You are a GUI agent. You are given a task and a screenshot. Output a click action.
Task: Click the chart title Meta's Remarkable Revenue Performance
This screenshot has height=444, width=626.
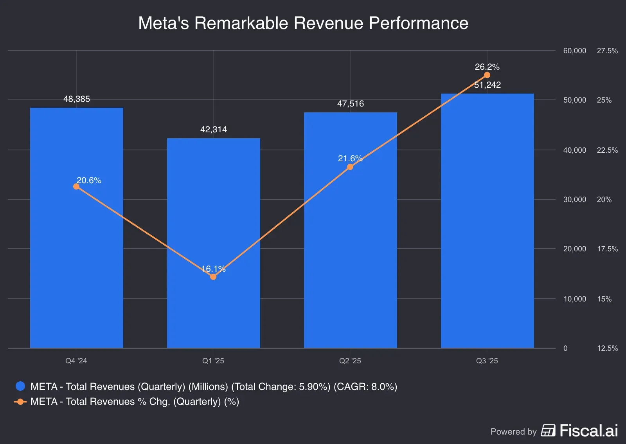pyautogui.click(x=303, y=23)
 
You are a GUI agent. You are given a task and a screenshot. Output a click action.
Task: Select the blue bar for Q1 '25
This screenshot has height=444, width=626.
pyautogui.click(x=213, y=243)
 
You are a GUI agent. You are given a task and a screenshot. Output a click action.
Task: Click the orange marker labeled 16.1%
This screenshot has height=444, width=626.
pyautogui.click(x=213, y=277)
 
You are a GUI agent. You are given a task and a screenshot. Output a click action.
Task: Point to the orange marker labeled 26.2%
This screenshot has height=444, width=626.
pyautogui.click(x=487, y=75)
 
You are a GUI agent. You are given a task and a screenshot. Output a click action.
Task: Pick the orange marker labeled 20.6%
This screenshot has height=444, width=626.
pyautogui.click(x=76, y=186)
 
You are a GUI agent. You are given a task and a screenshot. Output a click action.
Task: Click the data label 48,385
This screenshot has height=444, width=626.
pyautogui.click(x=77, y=99)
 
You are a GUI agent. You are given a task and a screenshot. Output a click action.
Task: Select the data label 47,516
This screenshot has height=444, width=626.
pyautogui.click(x=351, y=104)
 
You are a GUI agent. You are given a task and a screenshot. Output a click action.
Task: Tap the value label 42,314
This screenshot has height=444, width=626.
pyautogui.click(x=214, y=130)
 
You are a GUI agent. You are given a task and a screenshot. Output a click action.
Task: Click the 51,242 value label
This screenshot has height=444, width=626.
pyautogui.click(x=487, y=85)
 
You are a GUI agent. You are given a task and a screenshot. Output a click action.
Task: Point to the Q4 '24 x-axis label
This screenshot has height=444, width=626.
pyautogui.click(x=76, y=361)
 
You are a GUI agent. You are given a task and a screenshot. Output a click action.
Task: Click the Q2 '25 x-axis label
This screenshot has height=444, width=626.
pyautogui.click(x=350, y=361)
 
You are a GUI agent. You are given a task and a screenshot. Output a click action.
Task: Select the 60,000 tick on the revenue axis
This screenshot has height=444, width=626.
pyautogui.click(x=574, y=51)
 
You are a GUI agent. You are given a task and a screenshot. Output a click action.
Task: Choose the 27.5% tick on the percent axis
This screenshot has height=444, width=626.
pyautogui.click(x=607, y=51)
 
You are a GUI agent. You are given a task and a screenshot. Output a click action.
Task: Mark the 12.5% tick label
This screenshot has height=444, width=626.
pyautogui.click(x=607, y=348)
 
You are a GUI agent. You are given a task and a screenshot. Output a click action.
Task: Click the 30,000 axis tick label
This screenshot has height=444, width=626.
pyautogui.click(x=574, y=199)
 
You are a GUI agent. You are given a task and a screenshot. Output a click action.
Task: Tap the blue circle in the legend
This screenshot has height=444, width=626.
pyautogui.click(x=20, y=386)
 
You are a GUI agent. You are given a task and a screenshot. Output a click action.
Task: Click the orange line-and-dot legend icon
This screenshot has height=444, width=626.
pyautogui.click(x=20, y=402)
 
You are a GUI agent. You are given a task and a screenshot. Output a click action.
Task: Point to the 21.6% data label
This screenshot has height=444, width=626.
pyautogui.click(x=350, y=159)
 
